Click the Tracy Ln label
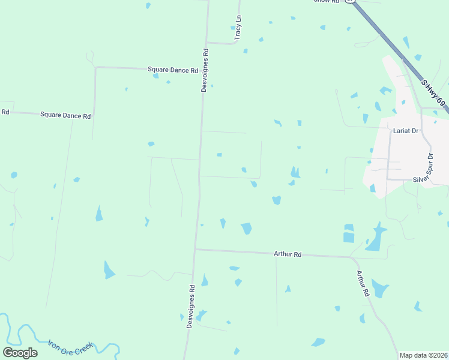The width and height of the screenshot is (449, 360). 238,28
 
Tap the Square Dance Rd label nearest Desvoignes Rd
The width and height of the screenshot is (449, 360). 173,70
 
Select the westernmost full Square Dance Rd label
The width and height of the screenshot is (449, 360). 65,115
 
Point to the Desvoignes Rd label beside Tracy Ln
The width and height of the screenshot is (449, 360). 205,70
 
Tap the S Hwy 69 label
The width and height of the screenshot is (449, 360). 433,92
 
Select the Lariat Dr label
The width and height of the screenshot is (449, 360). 406,130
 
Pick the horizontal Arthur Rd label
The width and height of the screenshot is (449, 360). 287,254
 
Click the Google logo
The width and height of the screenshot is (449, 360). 20,353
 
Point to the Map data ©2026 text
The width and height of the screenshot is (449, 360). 423,355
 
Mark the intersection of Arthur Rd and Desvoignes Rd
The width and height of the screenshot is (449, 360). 195,249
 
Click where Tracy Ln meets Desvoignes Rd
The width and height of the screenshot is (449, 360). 207,43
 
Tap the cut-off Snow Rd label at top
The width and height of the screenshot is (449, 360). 326,2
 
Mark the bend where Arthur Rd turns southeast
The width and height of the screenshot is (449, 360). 353,258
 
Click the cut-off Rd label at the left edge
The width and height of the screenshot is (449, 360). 5,112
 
